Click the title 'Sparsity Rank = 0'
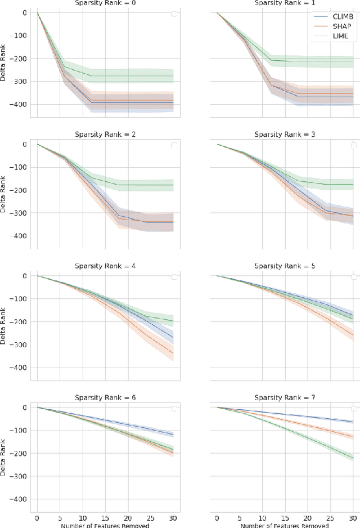[x=105, y=3]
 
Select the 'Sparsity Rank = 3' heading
[x=285, y=135]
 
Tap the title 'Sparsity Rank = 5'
[x=285, y=266]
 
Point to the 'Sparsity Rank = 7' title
[x=285, y=398]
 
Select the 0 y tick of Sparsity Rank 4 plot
[x=25, y=276]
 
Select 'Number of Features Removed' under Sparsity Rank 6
[x=105, y=524]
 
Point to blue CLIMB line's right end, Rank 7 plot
[x=353, y=422]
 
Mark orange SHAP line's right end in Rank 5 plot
[x=353, y=334]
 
